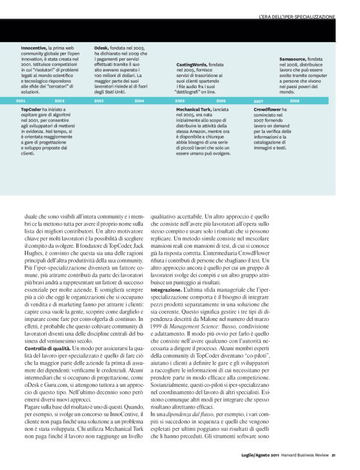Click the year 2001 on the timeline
tap(20, 100)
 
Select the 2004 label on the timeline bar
tap(139, 100)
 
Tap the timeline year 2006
tap(221, 100)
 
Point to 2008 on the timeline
tap(294, 100)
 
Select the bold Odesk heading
tap(102, 47)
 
